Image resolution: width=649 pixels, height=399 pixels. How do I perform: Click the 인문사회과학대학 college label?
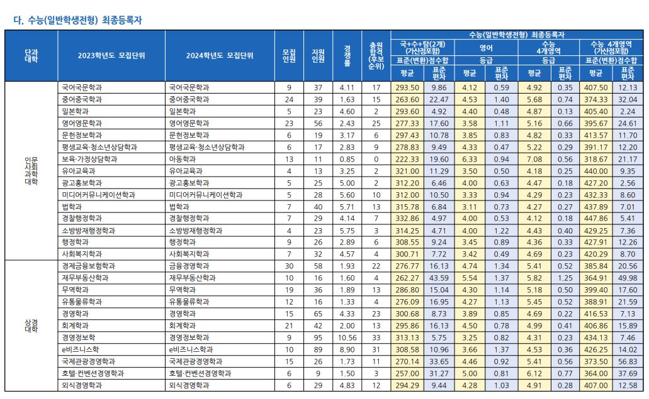[x=31, y=170]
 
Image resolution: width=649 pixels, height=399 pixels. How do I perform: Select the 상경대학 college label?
[x=31, y=325]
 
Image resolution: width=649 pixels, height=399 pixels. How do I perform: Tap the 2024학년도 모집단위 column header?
[x=220, y=55]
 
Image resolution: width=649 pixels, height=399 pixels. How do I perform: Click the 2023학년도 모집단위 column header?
[x=111, y=55]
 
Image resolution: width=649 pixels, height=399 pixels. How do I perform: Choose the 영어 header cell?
[x=486, y=47]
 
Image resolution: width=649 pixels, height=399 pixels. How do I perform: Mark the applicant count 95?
[x=318, y=337]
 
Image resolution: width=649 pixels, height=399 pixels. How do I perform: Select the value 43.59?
[x=439, y=278]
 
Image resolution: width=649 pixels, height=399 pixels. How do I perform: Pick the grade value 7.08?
[x=534, y=158]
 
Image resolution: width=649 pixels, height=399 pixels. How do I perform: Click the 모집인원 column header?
[x=289, y=55]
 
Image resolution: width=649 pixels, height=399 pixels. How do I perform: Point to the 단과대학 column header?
[x=31, y=55]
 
